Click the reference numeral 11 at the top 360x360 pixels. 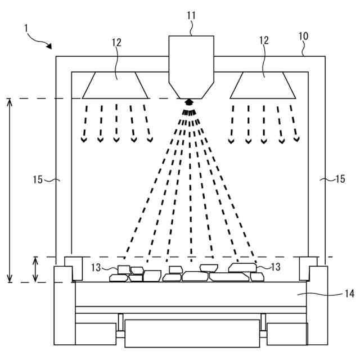click(x=191, y=15)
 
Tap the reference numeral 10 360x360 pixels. click(x=303, y=36)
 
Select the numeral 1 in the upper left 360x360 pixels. click(x=25, y=26)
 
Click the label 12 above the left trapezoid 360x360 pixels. click(x=116, y=42)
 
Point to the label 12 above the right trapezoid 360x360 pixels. click(x=264, y=40)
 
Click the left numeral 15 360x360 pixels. click(x=38, y=180)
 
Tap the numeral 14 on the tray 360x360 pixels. click(x=349, y=293)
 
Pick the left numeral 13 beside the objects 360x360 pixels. click(x=97, y=267)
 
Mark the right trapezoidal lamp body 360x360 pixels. click(x=263, y=84)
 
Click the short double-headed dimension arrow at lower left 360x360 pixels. click(x=35, y=269)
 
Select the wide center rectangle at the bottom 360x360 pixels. click(x=191, y=332)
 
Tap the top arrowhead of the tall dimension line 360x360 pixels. click(x=10, y=101)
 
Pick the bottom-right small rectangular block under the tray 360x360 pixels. click(x=287, y=334)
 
